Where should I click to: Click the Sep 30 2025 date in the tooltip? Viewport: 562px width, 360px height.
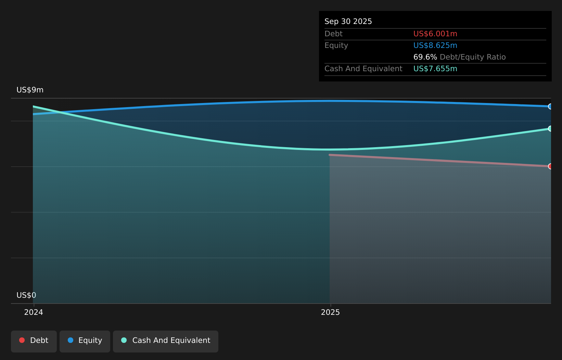[x=348, y=22]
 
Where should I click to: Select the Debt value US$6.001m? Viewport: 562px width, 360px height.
[x=435, y=34]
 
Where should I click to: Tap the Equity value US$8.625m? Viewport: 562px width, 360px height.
[x=435, y=46]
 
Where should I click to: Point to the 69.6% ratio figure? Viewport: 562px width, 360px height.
[x=425, y=57]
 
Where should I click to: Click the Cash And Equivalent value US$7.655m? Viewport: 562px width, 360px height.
[x=435, y=69]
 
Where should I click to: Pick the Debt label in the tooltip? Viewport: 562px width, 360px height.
[x=333, y=34]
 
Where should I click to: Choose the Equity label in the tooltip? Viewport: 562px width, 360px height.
[x=336, y=46]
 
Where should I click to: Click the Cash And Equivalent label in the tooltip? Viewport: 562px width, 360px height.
[x=363, y=69]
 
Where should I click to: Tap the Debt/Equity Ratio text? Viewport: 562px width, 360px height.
[x=473, y=57]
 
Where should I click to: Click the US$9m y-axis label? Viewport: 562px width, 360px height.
[x=30, y=90]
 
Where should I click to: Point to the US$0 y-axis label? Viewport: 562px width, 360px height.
[x=26, y=295]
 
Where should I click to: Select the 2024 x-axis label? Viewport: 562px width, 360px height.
[x=34, y=312]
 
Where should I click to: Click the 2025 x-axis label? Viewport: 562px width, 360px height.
[x=330, y=312]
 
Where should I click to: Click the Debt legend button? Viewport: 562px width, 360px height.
[x=34, y=342]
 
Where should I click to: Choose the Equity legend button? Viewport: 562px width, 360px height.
[x=85, y=342]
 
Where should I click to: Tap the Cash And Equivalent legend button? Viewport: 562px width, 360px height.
[x=166, y=342]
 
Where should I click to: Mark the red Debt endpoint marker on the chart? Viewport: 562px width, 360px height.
[x=550, y=166]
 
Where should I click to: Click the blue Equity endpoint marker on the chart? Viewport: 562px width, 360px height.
[x=550, y=107]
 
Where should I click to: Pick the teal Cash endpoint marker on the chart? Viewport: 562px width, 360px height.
[x=550, y=129]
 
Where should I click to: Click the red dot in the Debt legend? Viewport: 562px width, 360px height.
[x=22, y=340]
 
